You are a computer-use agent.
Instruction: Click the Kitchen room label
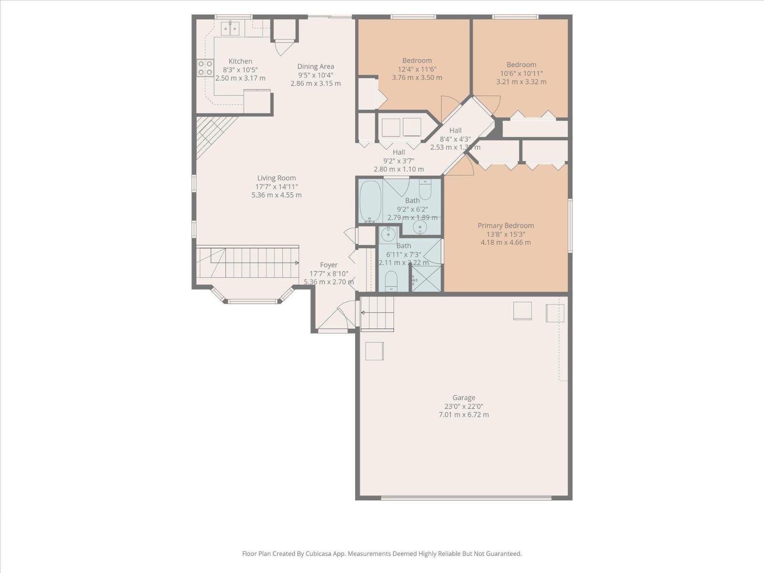[x=240, y=61]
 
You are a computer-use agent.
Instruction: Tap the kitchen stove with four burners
[x=205, y=68]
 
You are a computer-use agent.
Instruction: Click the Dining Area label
[x=316, y=66]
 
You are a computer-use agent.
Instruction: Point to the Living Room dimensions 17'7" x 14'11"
[x=276, y=187]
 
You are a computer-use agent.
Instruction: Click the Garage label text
[x=464, y=397]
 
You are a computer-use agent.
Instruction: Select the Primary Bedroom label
[x=506, y=225]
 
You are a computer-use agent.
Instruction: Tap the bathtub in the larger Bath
[x=370, y=201]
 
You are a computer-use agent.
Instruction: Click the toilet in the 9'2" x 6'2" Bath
[x=425, y=189]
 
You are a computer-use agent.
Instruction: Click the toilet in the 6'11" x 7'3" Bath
[x=391, y=281]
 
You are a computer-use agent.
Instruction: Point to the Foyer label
[x=329, y=265]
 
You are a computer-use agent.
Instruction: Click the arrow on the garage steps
[x=363, y=313]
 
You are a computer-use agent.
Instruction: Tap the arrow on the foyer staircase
[x=297, y=263]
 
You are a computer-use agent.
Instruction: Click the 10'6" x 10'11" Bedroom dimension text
[x=521, y=74]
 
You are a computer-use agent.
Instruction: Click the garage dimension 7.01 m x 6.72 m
[x=464, y=415]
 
